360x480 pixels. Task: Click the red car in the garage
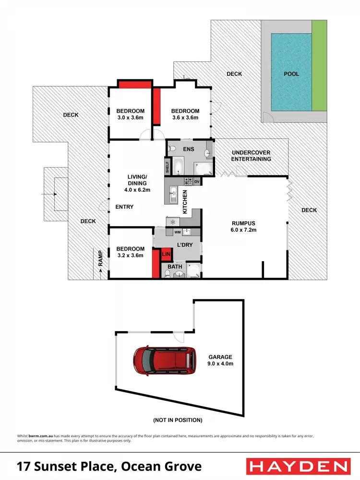point(164,360)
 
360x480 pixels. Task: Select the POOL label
point(291,74)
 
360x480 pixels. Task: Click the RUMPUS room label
point(243,227)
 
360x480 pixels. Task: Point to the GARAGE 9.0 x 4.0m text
point(220,360)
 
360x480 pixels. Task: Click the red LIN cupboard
point(166,253)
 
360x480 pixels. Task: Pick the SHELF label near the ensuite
point(168,167)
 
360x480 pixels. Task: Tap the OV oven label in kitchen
point(196,181)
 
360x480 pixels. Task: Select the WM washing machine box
point(177,232)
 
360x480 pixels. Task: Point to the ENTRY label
point(124,207)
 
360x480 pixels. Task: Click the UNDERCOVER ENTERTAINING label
point(251,156)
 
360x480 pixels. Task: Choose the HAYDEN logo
point(298,466)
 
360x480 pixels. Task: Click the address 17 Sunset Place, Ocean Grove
point(109,466)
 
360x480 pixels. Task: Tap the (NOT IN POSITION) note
point(178,420)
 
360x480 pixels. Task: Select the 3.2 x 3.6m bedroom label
point(131,252)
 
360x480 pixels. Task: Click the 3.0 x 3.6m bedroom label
point(131,114)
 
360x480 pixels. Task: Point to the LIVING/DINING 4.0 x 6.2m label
point(137,183)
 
